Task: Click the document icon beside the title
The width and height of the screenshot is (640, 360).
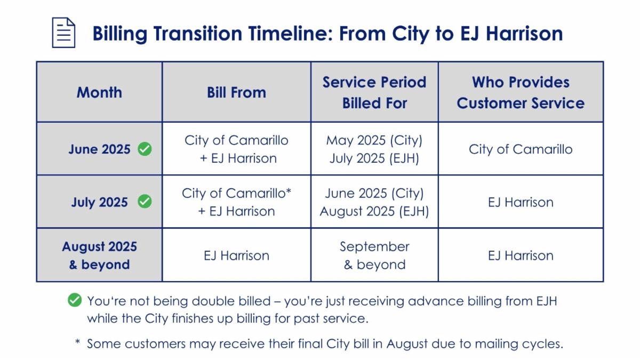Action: pos(63,33)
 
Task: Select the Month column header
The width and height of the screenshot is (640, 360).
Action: pos(99,92)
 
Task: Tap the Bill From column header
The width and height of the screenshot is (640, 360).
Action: pos(236,92)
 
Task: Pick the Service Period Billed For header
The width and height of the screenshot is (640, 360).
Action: pos(374,92)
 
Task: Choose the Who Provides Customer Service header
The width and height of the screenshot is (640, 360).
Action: pos(521,92)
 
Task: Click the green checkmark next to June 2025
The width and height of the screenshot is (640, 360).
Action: pos(145,149)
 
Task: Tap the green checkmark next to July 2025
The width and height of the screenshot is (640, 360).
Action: pos(145,202)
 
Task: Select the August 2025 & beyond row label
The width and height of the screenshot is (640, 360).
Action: pos(99,255)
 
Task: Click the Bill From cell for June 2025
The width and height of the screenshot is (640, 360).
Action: pos(236,149)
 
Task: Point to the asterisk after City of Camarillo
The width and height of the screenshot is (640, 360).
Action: pos(289,191)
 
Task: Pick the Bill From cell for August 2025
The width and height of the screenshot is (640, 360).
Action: pos(236,255)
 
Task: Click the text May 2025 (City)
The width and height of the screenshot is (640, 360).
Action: pos(374,140)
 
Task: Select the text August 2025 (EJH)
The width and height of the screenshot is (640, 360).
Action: pos(374,211)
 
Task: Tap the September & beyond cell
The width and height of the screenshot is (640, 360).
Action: pos(374,255)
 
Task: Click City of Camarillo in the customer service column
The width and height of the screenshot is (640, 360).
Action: pos(521,149)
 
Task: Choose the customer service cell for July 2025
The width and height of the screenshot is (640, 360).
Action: pos(521,202)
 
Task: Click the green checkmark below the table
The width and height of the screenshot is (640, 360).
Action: pos(75,301)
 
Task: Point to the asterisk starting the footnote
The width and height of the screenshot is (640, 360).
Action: pos(77,341)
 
